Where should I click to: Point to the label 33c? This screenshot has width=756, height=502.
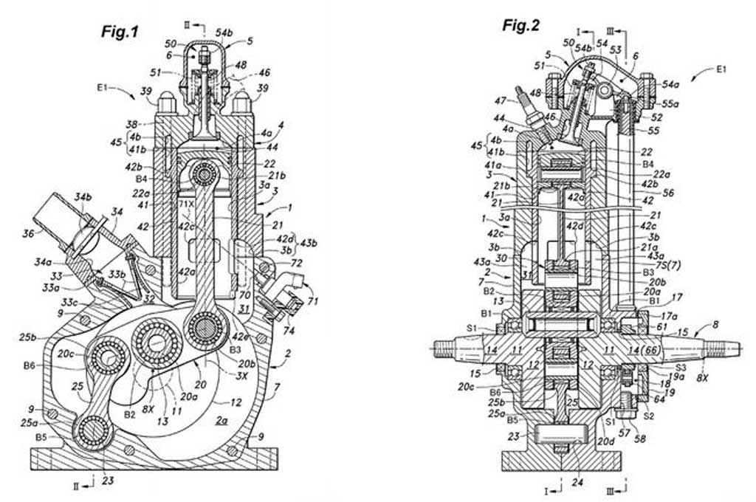point(69,303)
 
